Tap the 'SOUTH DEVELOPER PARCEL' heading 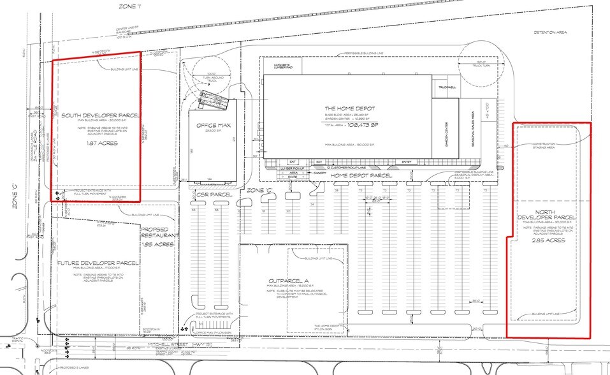click(x=100, y=115)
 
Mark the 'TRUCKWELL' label click(x=444, y=87)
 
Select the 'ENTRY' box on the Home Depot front click(x=407, y=162)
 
